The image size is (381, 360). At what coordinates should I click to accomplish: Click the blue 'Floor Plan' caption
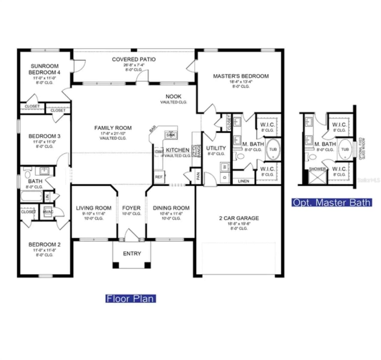130,298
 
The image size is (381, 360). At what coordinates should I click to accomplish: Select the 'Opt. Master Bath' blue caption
331,202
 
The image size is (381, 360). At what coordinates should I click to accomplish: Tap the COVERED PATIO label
134,59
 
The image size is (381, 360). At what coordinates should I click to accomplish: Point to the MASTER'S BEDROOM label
241,76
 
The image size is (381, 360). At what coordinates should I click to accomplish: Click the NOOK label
173,96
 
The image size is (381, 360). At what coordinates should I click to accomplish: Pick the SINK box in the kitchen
171,135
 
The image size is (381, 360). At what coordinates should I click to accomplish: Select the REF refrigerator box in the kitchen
159,177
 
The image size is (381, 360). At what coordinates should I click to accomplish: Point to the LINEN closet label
243,181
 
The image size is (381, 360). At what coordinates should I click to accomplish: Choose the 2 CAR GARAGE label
239,218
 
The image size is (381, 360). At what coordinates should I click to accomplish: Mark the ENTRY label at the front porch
132,253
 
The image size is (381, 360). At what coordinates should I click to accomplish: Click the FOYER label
131,208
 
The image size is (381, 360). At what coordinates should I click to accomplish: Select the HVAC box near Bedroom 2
48,212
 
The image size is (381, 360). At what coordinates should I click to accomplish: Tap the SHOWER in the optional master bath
317,177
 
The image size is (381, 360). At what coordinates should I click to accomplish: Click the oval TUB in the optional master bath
345,149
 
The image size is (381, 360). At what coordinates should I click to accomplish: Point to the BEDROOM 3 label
44,136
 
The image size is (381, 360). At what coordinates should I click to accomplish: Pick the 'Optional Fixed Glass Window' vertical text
362,148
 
